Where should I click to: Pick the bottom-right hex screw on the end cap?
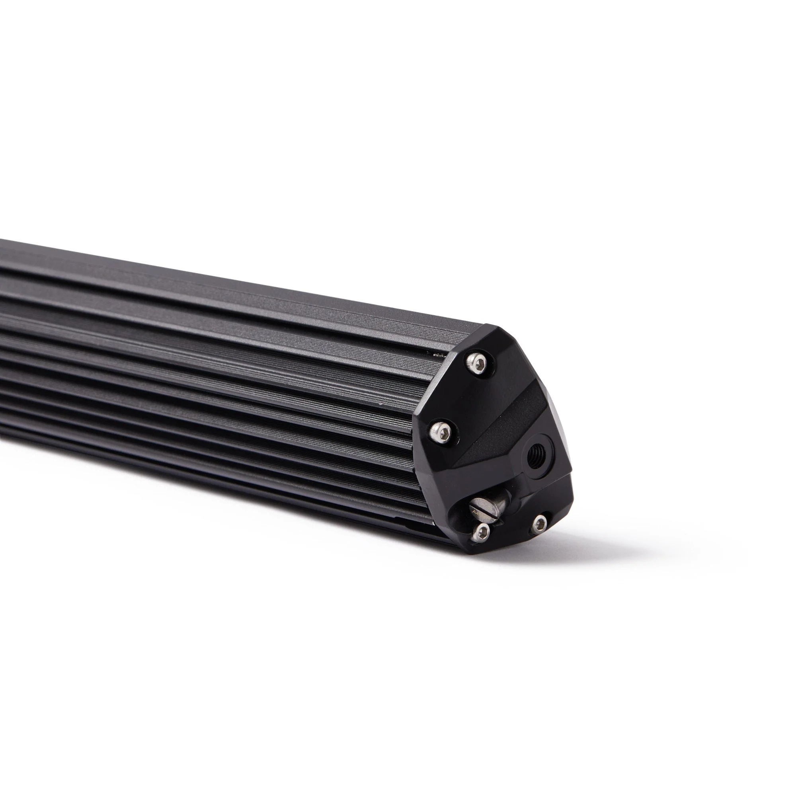[539, 524]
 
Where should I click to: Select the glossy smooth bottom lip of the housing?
[206, 478]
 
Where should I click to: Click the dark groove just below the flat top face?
[206, 305]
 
